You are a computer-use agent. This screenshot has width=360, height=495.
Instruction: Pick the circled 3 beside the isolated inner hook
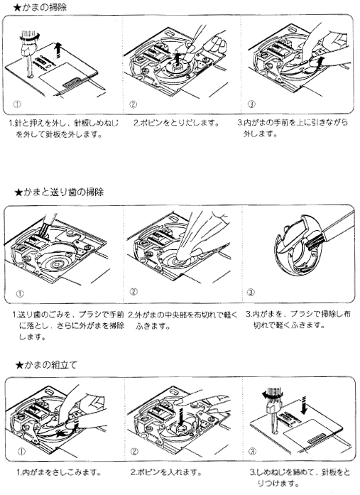[251, 292]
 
